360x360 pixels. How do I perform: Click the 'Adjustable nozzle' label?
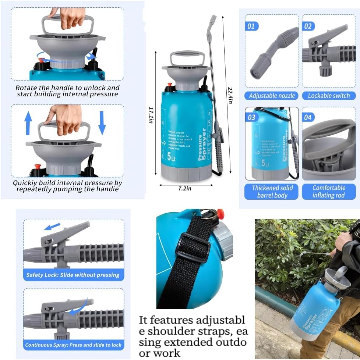tap(272, 96)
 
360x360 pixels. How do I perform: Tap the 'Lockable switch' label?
tap(329, 96)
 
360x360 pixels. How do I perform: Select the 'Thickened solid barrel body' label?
tap(272, 192)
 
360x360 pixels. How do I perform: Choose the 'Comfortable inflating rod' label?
tap(329, 192)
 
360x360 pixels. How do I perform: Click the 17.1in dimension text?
tap(151, 115)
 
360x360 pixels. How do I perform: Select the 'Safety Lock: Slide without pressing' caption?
tap(73, 275)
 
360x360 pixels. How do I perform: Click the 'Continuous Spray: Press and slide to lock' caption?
tap(73, 345)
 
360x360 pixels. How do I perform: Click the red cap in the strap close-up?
tap(220, 213)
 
